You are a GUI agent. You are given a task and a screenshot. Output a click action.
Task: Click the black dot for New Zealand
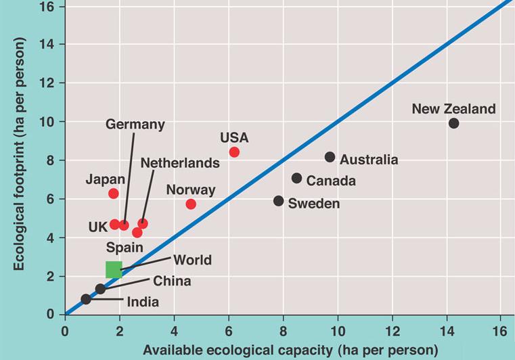(453, 123)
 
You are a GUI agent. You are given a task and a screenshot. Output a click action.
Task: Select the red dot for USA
(234, 152)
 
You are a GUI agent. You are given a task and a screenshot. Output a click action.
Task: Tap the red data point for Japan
(114, 194)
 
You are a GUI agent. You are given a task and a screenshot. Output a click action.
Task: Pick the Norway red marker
(191, 204)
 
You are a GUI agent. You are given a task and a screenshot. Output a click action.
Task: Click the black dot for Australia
(330, 157)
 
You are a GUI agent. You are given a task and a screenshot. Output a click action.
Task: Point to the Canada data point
(296, 178)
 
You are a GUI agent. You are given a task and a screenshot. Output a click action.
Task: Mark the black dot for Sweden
(278, 201)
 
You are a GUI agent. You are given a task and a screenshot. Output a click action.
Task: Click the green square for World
(114, 269)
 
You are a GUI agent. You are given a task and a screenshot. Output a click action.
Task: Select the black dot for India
(86, 299)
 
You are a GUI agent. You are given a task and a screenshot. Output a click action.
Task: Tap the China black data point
(100, 289)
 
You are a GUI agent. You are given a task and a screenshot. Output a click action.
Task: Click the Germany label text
(135, 125)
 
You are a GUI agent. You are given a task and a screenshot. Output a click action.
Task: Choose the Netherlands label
(180, 163)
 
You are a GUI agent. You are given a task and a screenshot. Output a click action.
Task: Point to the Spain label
(124, 248)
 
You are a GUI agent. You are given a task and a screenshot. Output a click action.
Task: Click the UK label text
(98, 227)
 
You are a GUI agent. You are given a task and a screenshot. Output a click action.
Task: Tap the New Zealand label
(453, 109)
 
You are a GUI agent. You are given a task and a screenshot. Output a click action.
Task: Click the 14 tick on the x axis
(447, 331)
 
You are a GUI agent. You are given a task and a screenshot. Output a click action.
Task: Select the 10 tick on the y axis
(51, 122)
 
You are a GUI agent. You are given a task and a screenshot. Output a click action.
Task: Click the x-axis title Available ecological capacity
(290, 350)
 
